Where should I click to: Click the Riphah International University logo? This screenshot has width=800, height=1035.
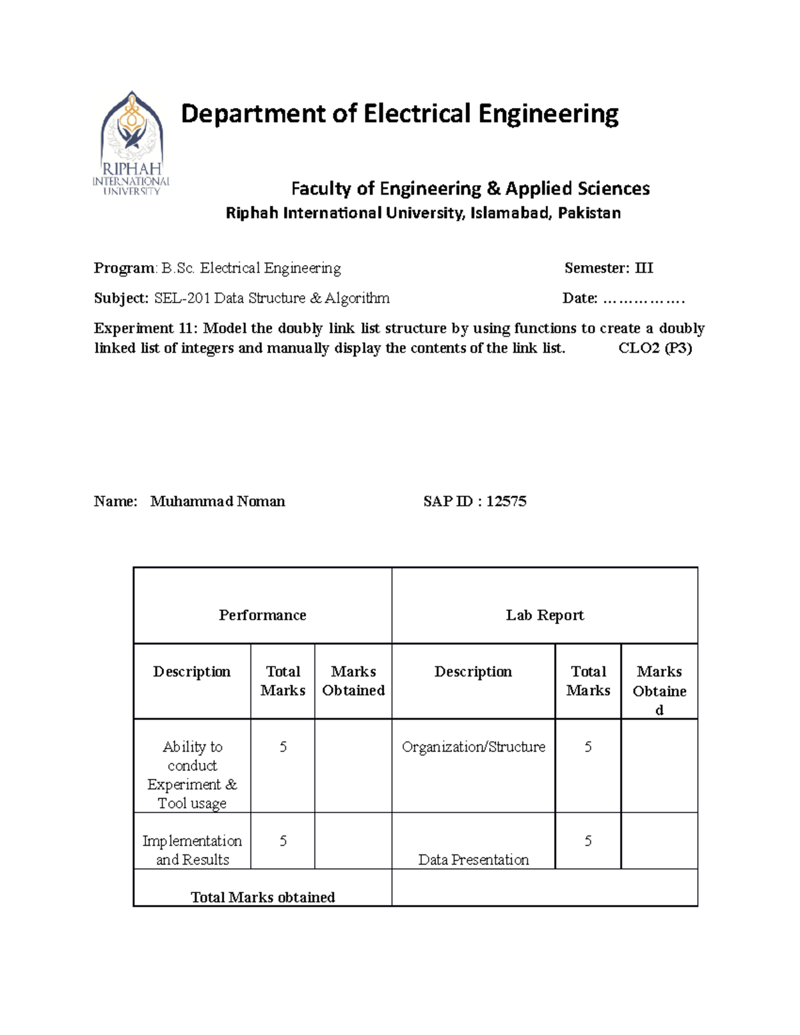tap(131, 143)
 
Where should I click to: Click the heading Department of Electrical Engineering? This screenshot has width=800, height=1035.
tap(399, 113)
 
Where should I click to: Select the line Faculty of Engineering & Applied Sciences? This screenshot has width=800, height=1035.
tap(470, 189)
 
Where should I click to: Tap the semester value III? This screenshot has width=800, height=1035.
tap(644, 268)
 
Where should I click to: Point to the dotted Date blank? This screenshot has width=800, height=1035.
tap(643, 299)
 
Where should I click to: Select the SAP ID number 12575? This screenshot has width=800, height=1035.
tap(506, 501)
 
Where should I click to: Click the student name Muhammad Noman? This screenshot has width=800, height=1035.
tap(217, 501)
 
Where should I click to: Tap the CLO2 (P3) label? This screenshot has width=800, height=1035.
tap(655, 348)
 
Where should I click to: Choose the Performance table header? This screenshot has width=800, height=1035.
tap(262, 615)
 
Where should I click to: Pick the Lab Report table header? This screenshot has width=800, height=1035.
tap(545, 615)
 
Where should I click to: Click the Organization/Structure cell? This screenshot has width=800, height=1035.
tap(473, 747)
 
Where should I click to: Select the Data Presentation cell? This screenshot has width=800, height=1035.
tap(473, 860)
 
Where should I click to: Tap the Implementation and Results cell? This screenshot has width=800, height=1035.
tap(192, 850)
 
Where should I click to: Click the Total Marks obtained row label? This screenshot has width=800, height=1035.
tap(263, 897)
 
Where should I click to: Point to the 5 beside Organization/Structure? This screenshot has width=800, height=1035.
tap(587, 747)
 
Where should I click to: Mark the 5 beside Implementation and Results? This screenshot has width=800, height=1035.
tap(283, 841)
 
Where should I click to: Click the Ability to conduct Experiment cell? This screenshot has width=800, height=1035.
tap(192, 774)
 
